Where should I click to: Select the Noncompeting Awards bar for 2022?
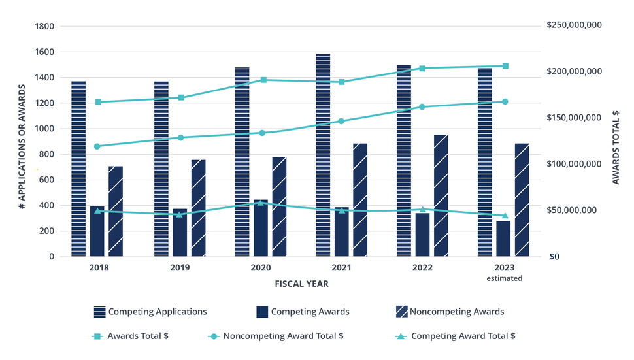441,195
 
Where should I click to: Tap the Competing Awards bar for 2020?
261,228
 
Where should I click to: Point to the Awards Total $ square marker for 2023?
505,66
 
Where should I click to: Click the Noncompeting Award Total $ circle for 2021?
341,121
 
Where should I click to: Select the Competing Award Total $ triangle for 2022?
422,210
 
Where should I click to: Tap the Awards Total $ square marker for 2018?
98,102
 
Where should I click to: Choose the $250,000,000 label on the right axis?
573,25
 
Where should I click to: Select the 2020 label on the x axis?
261,268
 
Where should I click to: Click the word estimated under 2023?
505,278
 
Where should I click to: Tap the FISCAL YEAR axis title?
301,284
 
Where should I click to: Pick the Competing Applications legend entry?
150,312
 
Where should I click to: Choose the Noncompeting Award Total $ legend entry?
276,336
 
